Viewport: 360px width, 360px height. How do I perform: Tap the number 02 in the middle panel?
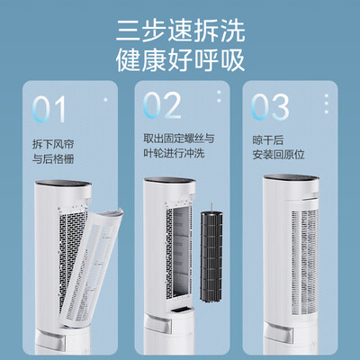[x=163, y=106]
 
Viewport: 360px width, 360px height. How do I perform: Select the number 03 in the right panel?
[x=272, y=108]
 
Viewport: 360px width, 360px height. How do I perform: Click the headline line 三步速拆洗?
[x=180, y=29]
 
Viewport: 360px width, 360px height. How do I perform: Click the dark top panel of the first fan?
[x=63, y=191]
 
